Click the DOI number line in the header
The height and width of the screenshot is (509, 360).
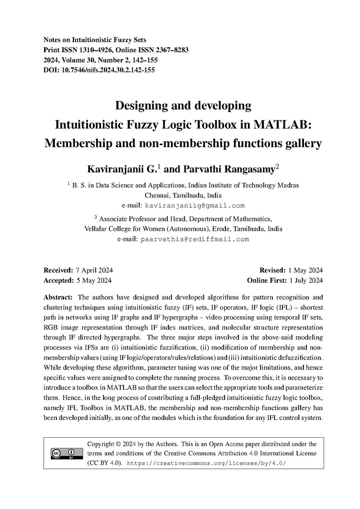[99, 70]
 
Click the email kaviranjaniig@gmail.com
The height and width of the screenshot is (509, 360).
[195, 206]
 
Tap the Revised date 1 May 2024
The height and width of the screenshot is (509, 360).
[305, 270]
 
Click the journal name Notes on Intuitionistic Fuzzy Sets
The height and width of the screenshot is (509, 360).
[95, 40]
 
